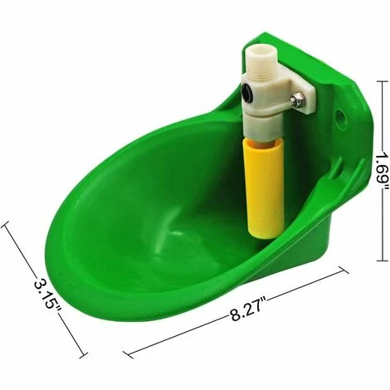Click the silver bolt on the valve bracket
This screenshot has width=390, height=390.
coord(296,100)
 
